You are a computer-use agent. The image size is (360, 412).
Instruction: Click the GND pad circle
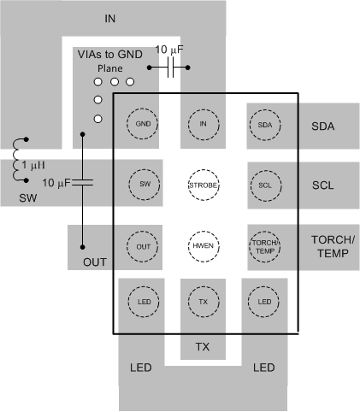(142, 124)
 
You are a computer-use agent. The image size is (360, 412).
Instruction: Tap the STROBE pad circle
(204, 185)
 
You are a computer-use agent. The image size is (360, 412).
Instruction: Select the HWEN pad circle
(204, 245)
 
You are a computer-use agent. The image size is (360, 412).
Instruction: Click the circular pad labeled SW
(142, 185)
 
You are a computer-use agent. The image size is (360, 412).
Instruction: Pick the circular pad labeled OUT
(142, 245)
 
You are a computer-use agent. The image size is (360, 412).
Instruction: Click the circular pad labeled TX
(204, 303)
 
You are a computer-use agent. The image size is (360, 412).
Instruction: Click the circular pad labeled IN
(204, 124)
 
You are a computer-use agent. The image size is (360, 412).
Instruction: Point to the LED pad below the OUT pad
(142, 303)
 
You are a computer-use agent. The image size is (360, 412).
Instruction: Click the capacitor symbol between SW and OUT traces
(82, 182)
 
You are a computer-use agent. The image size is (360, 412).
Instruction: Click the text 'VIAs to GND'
(109, 53)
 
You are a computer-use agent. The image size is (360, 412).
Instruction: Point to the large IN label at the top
(109, 18)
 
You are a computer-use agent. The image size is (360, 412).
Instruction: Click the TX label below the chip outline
(204, 347)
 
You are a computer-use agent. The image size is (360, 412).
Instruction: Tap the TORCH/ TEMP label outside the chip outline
(328, 246)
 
